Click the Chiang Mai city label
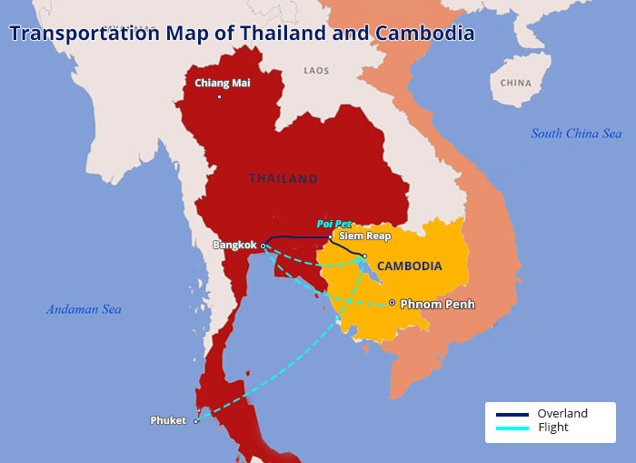coord(223,83)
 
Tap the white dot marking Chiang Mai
coord(220,97)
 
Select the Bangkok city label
coord(235,245)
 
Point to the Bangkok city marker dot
coord(263,246)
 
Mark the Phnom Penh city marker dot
coord(392,303)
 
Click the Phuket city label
coord(168,420)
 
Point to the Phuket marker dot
coord(195,421)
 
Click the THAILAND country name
coord(283,178)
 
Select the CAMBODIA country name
coord(409,266)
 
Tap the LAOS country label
coord(316,70)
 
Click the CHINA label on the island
coord(515,83)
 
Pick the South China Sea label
coord(576,134)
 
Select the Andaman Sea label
coord(84,309)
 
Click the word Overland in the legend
coord(561,413)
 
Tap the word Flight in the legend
coord(553,427)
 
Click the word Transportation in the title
coord(84,34)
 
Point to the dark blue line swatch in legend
coord(512,415)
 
